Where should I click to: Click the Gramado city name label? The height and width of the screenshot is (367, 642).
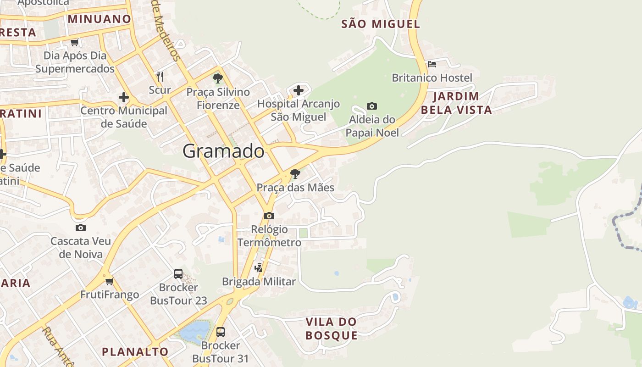click(x=223, y=151)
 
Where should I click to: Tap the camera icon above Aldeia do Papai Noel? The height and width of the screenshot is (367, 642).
click(x=372, y=106)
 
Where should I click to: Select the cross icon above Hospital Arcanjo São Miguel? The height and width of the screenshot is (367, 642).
click(x=299, y=90)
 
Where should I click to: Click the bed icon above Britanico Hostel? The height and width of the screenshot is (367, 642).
click(x=432, y=64)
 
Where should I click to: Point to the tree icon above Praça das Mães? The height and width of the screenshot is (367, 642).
click(x=295, y=174)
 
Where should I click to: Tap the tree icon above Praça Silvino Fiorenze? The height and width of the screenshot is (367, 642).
click(x=218, y=78)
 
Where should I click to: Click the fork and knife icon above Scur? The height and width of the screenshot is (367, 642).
click(x=160, y=76)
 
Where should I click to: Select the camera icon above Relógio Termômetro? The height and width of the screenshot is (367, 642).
click(x=269, y=216)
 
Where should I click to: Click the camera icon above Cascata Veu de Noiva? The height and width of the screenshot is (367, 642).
click(x=81, y=228)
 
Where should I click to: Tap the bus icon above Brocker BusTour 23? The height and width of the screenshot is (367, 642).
click(x=178, y=274)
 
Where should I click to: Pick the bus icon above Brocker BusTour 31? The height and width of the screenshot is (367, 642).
click(x=221, y=332)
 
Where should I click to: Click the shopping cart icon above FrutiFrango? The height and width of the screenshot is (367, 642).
click(x=109, y=281)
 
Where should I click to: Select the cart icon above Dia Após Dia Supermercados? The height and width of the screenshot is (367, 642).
click(x=75, y=42)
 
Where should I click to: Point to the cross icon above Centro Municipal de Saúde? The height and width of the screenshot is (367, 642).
click(x=123, y=97)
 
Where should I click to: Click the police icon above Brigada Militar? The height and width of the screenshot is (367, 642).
click(x=259, y=267)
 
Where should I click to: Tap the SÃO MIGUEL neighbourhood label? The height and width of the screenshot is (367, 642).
click(x=381, y=24)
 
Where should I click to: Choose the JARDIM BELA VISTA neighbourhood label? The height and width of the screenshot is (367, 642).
click(x=456, y=103)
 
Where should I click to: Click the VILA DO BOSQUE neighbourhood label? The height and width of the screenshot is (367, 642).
click(x=332, y=328)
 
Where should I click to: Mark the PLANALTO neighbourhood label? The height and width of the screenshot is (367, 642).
click(x=135, y=352)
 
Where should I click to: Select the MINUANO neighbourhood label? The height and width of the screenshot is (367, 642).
click(x=100, y=19)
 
